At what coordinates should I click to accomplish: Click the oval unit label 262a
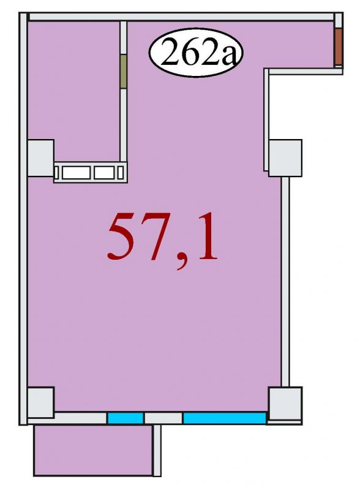click(196, 53)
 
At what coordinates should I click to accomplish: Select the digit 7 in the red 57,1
click(156, 237)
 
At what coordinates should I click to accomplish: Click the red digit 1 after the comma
click(203, 236)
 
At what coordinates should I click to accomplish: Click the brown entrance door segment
click(339, 47)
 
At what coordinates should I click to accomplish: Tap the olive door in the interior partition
click(123, 72)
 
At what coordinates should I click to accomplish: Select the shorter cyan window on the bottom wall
click(126, 418)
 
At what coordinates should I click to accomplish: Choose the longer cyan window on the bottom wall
click(224, 418)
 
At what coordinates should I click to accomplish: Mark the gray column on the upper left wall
click(40, 158)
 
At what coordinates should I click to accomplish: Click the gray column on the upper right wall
click(285, 158)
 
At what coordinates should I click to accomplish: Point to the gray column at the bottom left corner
click(41, 402)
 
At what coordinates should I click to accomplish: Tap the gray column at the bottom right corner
click(285, 404)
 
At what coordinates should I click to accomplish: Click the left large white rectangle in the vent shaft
click(77, 173)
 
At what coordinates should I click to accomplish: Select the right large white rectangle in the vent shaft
click(104, 173)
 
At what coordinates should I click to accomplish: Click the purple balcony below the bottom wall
click(93, 450)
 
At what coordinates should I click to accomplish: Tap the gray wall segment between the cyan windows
click(163, 418)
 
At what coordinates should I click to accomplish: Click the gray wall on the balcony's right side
click(157, 451)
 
